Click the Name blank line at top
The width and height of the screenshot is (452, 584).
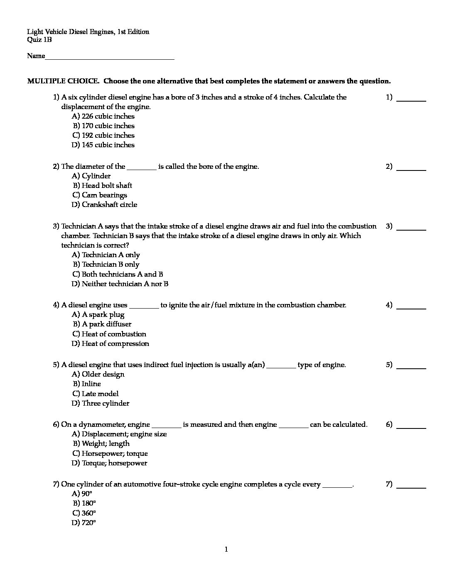(110, 58)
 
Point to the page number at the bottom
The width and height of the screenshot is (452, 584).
(226, 550)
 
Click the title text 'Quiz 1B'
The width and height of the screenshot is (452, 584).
(39, 40)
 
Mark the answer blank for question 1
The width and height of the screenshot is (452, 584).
(411, 100)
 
